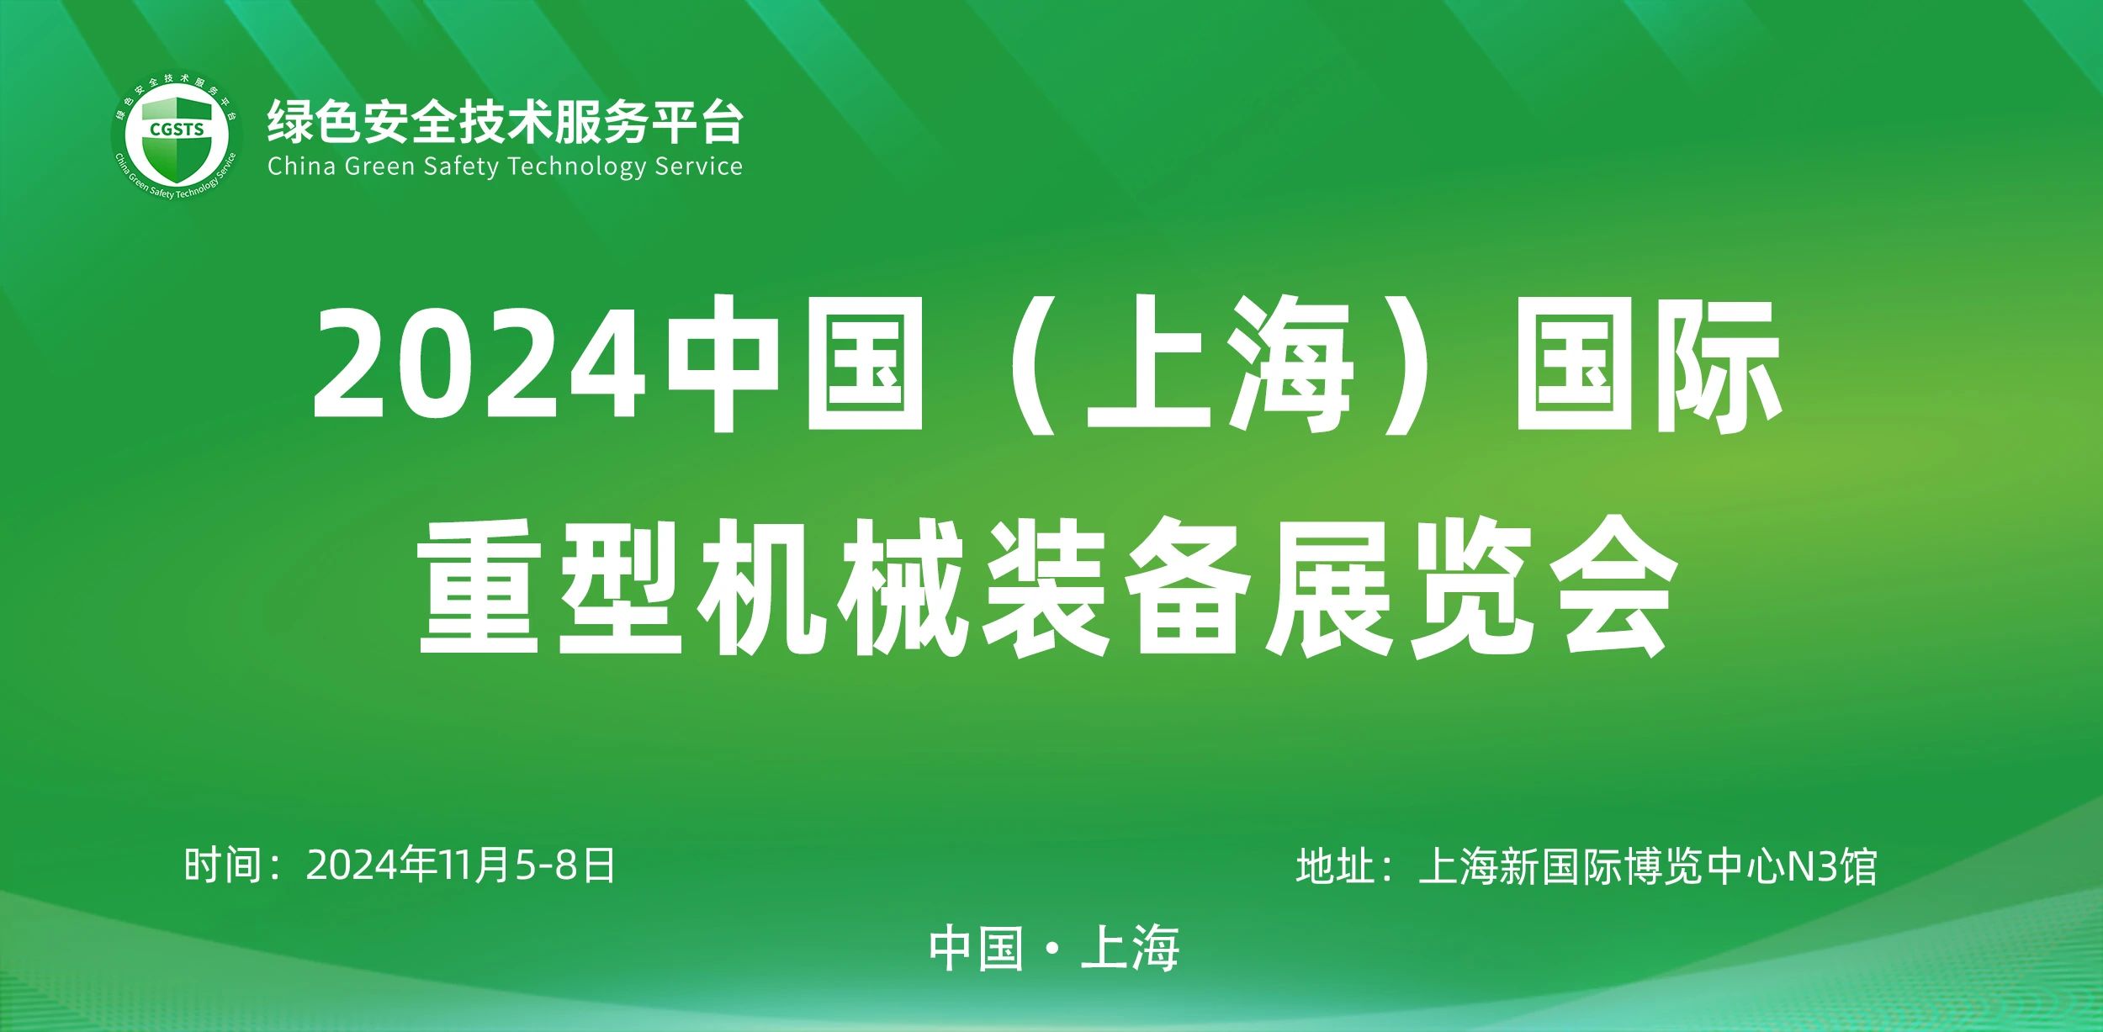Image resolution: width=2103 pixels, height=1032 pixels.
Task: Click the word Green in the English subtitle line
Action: [380, 167]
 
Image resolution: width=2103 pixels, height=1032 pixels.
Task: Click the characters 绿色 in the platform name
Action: [315, 123]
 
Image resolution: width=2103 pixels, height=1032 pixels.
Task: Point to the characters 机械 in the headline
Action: [833, 589]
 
